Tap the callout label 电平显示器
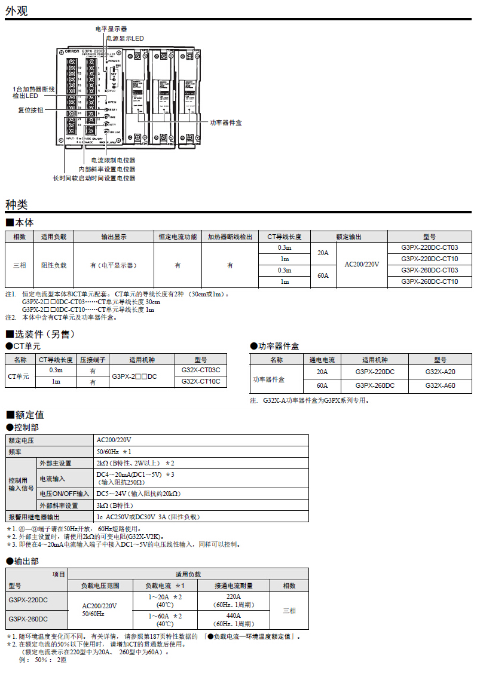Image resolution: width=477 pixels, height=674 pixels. [x=111, y=29]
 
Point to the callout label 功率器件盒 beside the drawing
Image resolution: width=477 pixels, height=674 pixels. [x=225, y=122]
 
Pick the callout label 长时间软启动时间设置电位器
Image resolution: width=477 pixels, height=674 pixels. [x=94, y=178]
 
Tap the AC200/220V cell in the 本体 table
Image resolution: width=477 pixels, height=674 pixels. [x=362, y=264]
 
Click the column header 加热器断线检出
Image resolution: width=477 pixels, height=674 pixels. [x=230, y=237]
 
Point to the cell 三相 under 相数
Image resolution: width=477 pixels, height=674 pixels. [x=20, y=265]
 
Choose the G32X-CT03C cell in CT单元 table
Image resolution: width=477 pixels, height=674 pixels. [x=200, y=370]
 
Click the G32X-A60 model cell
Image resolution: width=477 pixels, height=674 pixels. [x=440, y=385]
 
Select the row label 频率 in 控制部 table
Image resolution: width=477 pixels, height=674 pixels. [x=16, y=452]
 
